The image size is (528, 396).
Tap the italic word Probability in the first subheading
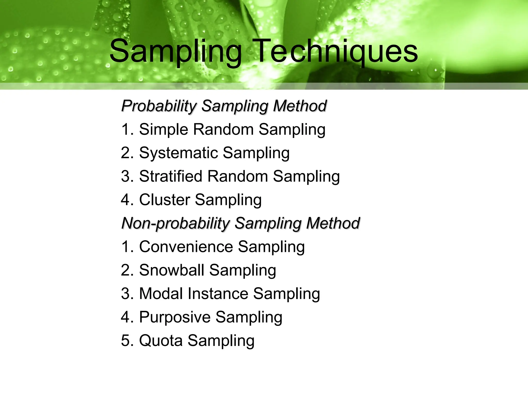[159, 106]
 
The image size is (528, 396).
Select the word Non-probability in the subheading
[175, 223]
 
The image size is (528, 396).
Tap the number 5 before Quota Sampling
[125, 341]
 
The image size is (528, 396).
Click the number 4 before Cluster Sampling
[125, 200]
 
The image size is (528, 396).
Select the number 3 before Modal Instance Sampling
[125, 294]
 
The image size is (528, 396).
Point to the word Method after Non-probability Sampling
[333, 223]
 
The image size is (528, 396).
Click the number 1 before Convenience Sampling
[125, 247]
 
